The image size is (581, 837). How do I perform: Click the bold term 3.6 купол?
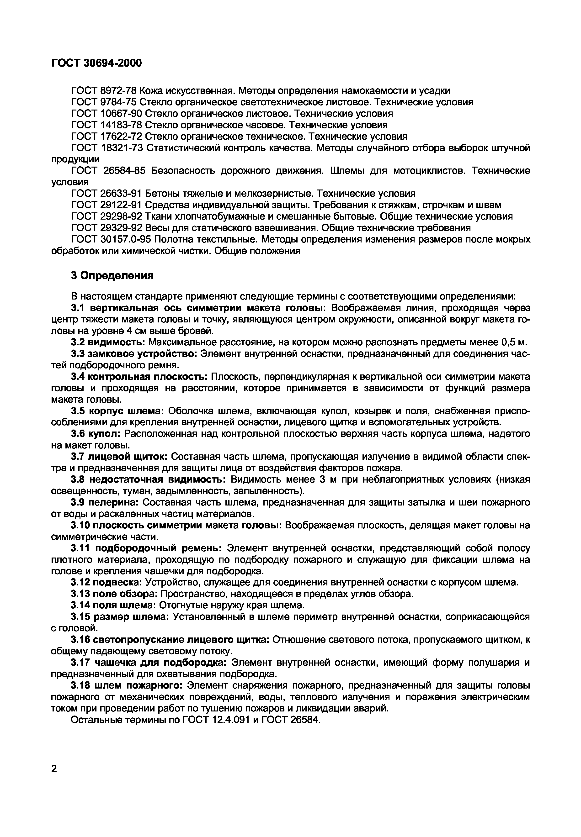coord(95,434)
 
